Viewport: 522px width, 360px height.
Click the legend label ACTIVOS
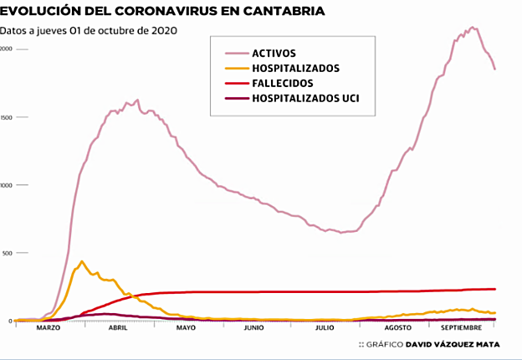pos(274,53)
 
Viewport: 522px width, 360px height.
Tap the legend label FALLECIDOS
pos(283,84)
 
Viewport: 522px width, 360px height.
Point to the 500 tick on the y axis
pos(7,253)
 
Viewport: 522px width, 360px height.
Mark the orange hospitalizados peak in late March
pos(81,261)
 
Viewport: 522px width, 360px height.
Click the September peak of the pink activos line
pos(473,28)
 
